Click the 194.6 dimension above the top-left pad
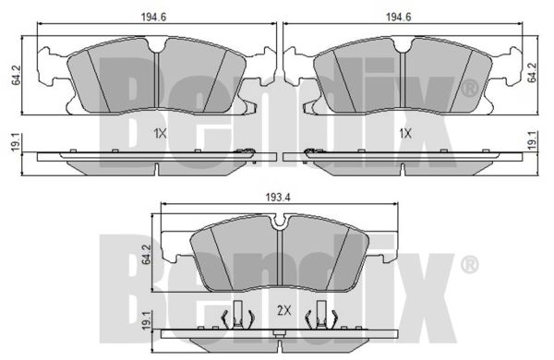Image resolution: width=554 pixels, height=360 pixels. click(153, 17)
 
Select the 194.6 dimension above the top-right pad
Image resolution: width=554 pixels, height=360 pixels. click(398, 17)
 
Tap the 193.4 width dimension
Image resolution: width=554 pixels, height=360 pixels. click(278, 198)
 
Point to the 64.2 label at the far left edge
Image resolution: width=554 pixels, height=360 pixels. click(16, 75)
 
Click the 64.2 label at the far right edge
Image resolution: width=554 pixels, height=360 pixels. click(532, 72)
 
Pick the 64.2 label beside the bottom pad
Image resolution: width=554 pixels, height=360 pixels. click(146, 255)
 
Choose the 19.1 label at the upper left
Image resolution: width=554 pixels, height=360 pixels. click(15, 142)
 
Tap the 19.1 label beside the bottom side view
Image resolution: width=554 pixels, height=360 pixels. click(146, 320)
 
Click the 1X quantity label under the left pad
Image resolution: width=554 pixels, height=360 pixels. click(160, 134)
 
